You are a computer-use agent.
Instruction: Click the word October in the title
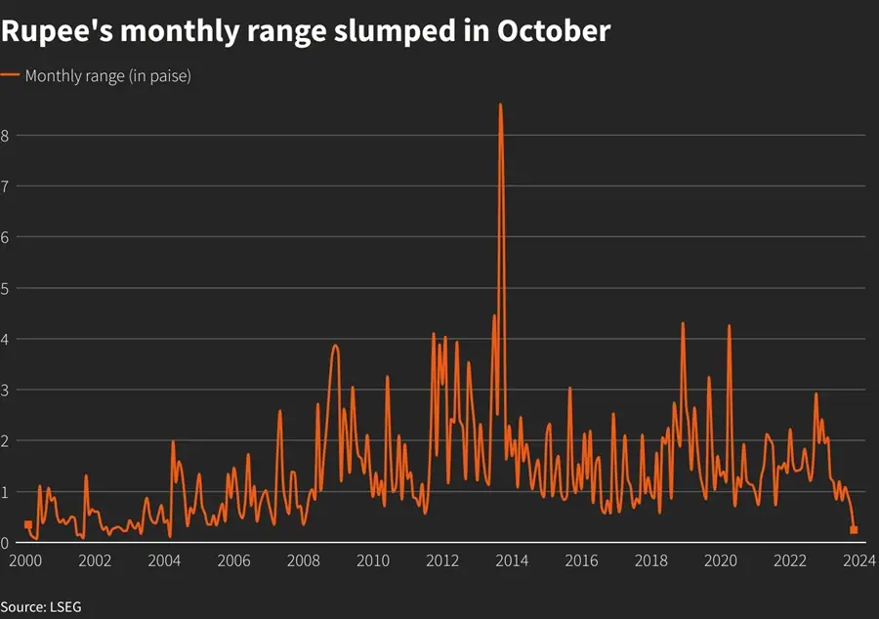tap(553, 31)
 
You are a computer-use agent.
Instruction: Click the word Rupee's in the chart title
tap(54, 31)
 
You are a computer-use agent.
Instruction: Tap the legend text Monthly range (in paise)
tap(107, 76)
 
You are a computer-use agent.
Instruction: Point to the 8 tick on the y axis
tap(5, 136)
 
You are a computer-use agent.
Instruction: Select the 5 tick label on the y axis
tap(5, 288)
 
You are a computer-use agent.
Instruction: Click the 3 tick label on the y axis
tap(5, 390)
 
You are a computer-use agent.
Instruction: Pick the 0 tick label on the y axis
tap(5, 543)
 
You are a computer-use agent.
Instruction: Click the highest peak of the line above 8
tap(501, 104)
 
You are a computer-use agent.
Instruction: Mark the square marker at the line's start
tap(27, 525)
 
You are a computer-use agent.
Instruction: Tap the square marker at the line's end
tap(855, 530)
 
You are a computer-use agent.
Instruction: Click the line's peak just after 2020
tap(729, 326)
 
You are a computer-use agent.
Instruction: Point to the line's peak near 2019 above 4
tap(683, 323)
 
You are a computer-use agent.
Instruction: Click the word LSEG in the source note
tap(64, 607)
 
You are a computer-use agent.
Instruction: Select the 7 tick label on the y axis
tap(5, 186)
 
